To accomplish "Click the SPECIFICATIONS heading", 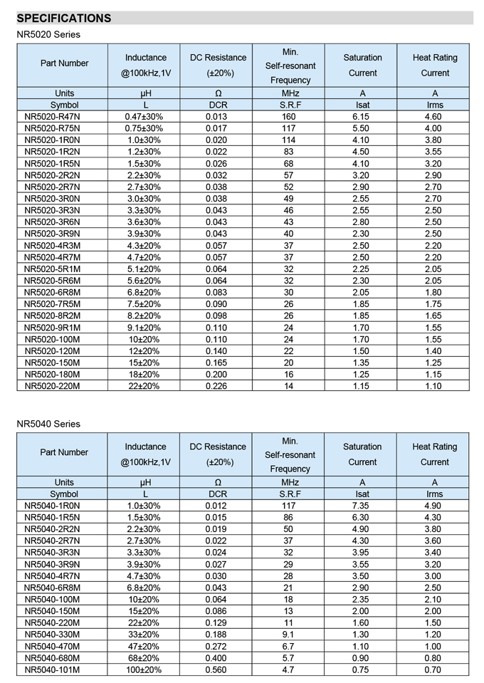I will click(x=64, y=18).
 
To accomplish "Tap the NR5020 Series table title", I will click(x=48, y=34).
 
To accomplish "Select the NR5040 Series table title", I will click(x=48, y=424).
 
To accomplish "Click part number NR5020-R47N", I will click(x=52, y=117).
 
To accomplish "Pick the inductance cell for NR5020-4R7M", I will click(x=144, y=257).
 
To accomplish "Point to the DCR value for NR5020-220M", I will click(x=216, y=386).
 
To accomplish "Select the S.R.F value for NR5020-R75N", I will click(x=288, y=128).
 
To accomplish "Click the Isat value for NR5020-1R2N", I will click(x=362, y=152).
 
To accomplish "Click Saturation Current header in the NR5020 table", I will click(x=362, y=65).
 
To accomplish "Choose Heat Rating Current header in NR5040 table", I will click(x=434, y=454).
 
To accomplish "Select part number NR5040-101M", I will click(x=52, y=669).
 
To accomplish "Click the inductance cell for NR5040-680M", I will click(x=144, y=658).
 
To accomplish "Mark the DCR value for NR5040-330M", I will click(x=216, y=635).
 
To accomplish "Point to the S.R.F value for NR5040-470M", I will click(x=288, y=646).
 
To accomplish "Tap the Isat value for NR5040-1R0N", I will click(x=362, y=506).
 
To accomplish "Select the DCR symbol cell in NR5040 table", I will click(x=217, y=494).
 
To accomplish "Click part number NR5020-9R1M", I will click(x=52, y=328).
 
